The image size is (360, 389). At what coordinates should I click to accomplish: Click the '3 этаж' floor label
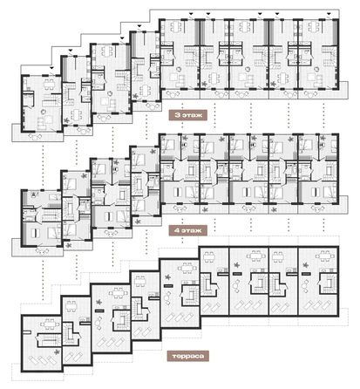click(181, 113)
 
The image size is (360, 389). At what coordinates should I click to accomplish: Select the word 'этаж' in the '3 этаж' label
click(185, 113)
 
